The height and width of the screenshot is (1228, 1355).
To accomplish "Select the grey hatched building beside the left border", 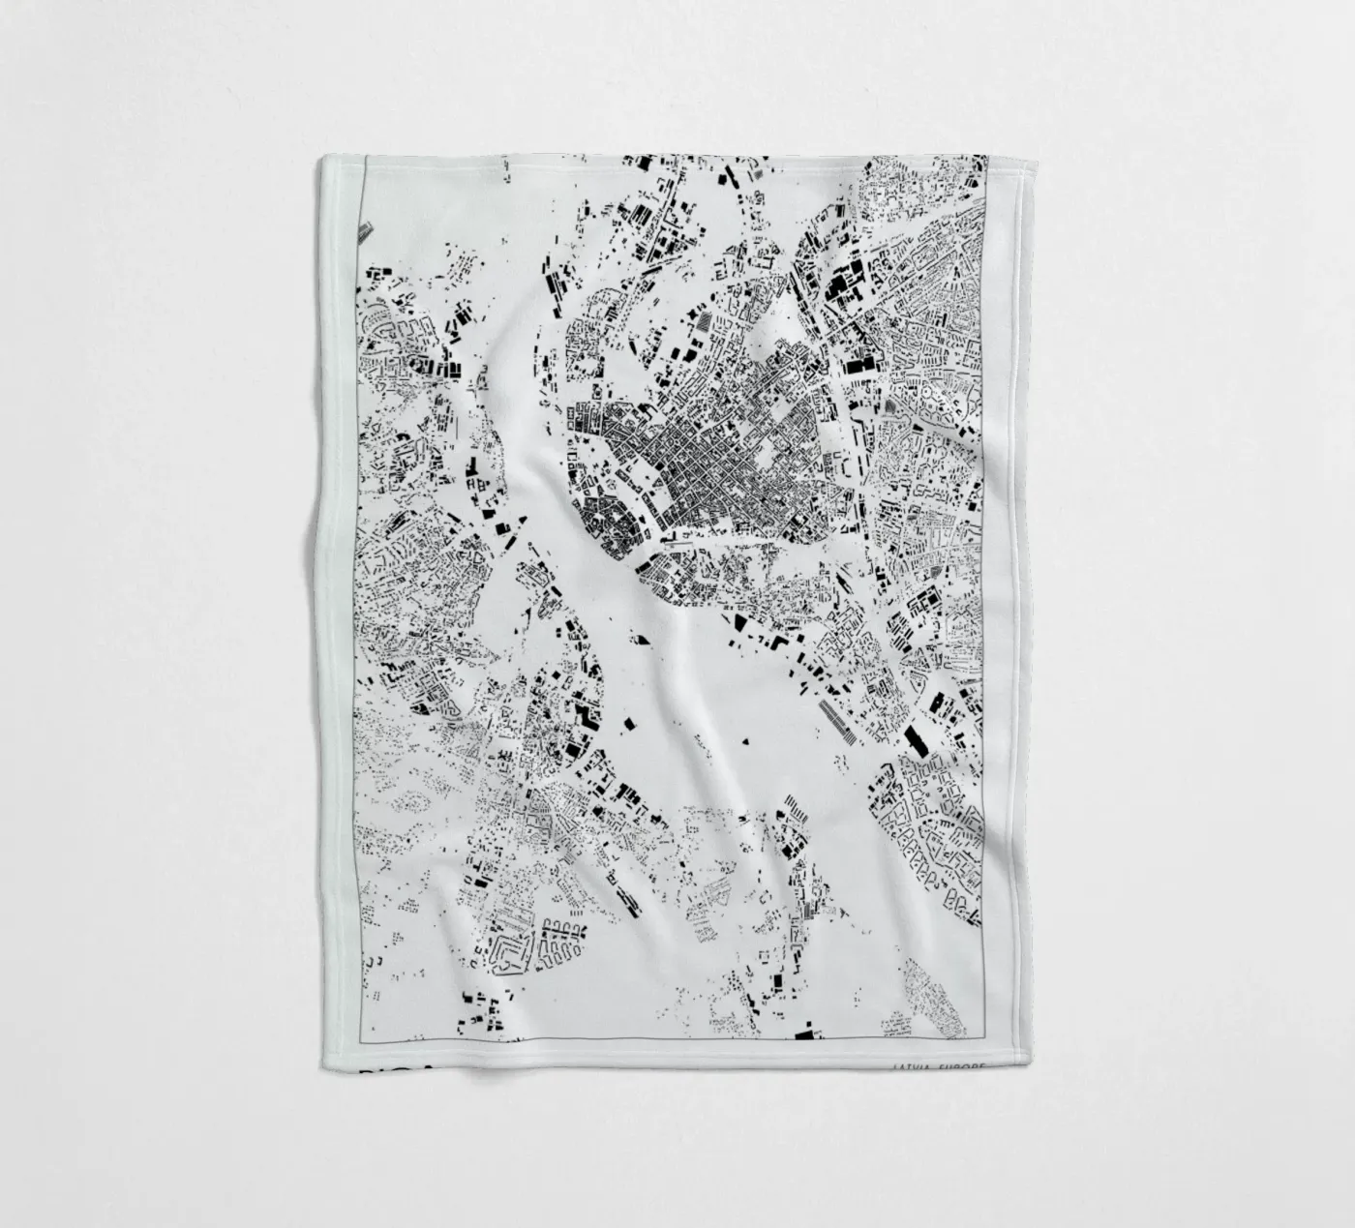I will [365, 231].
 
